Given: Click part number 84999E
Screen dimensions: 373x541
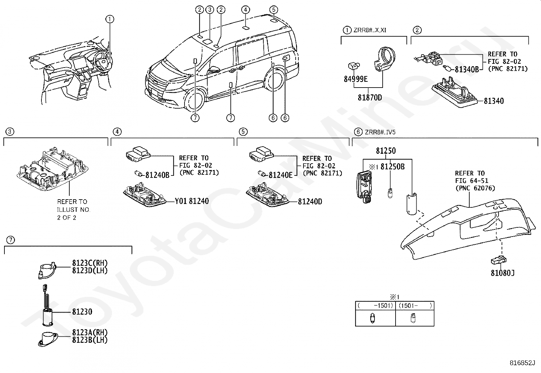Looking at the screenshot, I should pyautogui.click(x=356, y=79).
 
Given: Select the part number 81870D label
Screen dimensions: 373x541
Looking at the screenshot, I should pyautogui.click(x=370, y=98).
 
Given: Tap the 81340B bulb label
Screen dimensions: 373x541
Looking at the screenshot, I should pyautogui.click(x=467, y=69).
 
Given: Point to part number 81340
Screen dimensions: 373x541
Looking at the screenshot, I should pyautogui.click(x=494, y=101).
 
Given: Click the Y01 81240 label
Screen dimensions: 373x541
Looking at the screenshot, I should pyautogui.click(x=192, y=201).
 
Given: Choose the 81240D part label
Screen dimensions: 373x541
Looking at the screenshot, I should pyautogui.click(x=310, y=202).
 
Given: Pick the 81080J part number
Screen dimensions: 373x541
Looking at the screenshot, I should pyautogui.click(x=502, y=273).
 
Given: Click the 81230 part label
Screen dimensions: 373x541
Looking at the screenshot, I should pyautogui.click(x=82, y=312).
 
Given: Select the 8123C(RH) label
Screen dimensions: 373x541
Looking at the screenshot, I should pyautogui.click(x=90, y=263).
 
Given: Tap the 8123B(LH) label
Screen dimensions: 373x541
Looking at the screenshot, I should pyautogui.click(x=90, y=340).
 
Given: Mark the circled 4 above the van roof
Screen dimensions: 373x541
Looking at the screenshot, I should pyautogui.click(x=246, y=10).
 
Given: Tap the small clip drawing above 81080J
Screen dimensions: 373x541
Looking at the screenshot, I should pyautogui.click(x=499, y=260).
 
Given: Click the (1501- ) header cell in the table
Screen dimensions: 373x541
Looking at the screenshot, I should pyautogui.click(x=415, y=305).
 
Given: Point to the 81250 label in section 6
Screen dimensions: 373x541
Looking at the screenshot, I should pyautogui.click(x=386, y=151).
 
